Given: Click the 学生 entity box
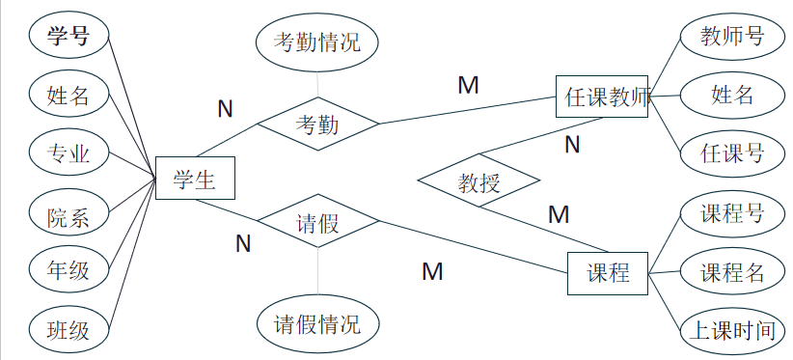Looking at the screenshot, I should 194,179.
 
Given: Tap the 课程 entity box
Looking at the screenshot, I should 608,273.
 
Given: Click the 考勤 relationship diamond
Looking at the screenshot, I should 317,124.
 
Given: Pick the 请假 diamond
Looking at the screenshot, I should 316,224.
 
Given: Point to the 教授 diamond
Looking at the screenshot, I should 479,180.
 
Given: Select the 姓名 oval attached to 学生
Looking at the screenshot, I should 68,95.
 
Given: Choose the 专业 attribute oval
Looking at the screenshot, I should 68,152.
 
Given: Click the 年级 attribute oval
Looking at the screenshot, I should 68,269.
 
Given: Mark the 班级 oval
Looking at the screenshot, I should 68,331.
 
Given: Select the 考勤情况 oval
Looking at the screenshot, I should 317,43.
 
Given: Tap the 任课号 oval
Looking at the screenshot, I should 732,152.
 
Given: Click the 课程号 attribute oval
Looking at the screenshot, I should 732,213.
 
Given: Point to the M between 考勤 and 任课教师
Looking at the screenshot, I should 468,85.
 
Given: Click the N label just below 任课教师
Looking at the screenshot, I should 572,145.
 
